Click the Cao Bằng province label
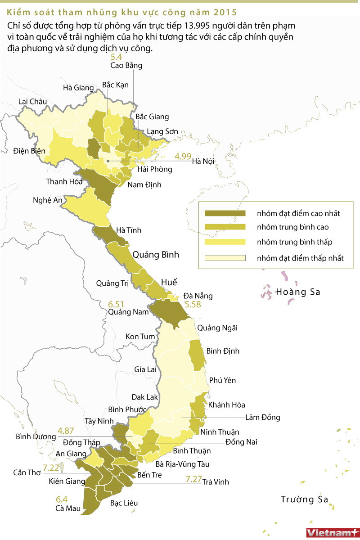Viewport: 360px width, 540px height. click(126, 66)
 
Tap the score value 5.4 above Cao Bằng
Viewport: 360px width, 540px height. click(116, 57)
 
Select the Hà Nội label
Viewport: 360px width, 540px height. click(202, 161)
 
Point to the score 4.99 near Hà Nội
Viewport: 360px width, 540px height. click(183, 156)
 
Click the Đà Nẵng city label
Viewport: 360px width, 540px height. click(198, 296)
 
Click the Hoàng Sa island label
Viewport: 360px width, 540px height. click(298, 292)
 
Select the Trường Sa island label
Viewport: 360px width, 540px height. click(305, 499)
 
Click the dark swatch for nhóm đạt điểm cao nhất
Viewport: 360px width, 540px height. click(225, 213)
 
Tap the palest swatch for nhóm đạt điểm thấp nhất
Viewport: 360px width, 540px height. click(225, 258)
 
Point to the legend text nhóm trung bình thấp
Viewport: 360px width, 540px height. click(295, 242)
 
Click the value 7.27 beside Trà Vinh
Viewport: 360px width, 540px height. click(193, 480)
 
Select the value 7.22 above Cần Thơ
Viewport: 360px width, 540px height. click(51, 467)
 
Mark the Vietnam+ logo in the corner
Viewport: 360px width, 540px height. click(332, 532)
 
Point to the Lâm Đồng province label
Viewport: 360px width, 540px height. click(263, 417)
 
